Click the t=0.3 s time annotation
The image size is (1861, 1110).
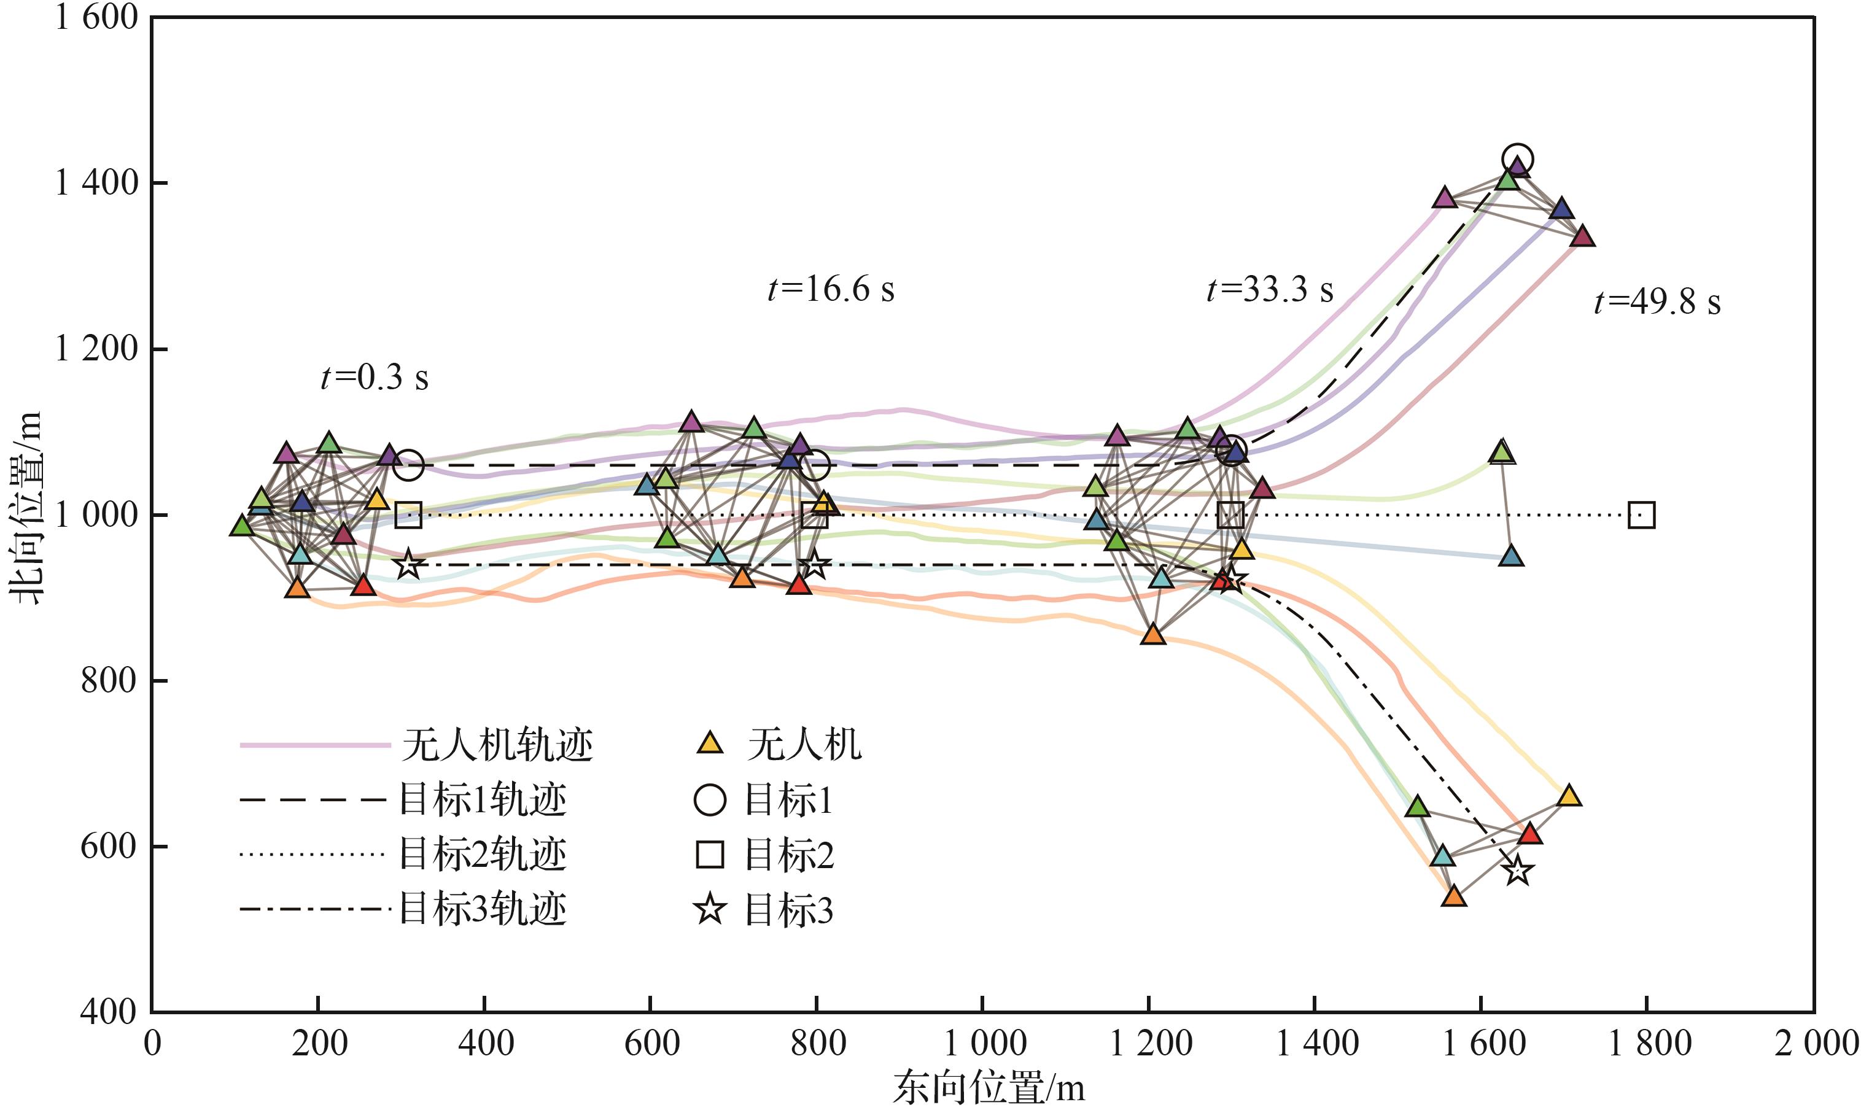click(x=374, y=378)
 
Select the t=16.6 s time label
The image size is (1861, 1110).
click(x=830, y=289)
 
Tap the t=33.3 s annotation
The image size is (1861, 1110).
click(x=1269, y=289)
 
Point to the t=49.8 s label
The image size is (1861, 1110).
click(x=1657, y=302)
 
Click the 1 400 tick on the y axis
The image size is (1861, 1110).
click(x=97, y=182)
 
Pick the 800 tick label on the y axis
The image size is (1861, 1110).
click(x=109, y=681)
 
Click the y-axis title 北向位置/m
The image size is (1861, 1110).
click(x=27, y=508)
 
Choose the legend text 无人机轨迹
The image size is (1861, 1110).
click(x=497, y=745)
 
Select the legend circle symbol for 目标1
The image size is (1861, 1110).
click(x=710, y=799)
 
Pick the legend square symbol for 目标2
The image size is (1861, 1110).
click(x=710, y=854)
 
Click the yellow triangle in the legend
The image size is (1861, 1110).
click(x=710, y=743)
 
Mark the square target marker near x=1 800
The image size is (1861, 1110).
click(x=1641, y=515)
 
